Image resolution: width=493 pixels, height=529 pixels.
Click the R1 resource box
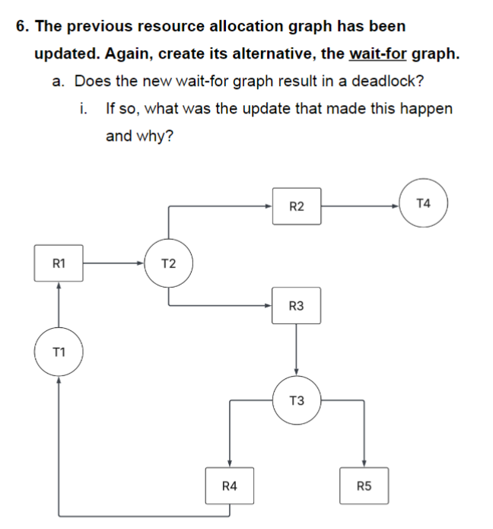59,263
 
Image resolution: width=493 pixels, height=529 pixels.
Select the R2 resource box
297,206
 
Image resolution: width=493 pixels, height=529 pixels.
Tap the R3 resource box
297,305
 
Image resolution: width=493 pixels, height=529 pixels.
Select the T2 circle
169,263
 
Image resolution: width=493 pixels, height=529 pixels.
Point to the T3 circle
297,400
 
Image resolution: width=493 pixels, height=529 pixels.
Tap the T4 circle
424,203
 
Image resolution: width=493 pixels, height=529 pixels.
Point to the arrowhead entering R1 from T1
59,285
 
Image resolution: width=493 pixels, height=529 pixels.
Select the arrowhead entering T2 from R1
141,263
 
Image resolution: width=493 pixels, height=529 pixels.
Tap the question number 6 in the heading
21,26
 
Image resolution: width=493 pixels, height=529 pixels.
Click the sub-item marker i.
81,109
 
